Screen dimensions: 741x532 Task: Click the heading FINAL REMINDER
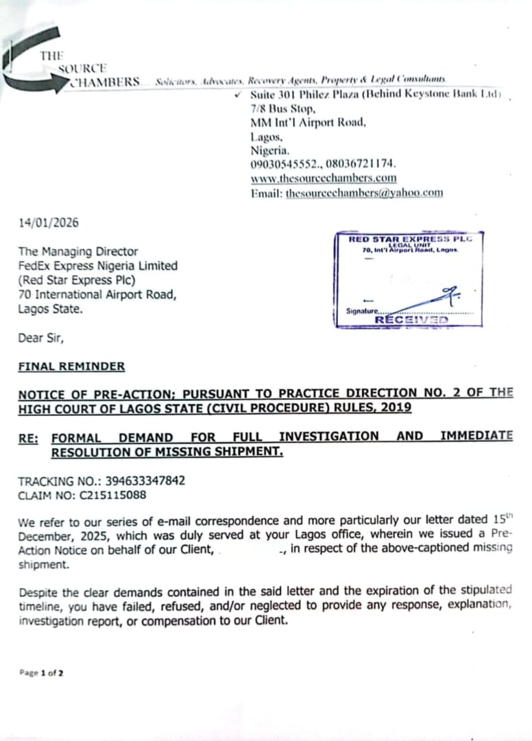click(71, 366)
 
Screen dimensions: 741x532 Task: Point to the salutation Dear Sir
click(40, 338)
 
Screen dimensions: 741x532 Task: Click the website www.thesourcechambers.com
click(324, 178)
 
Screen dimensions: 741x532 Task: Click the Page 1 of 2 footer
click(41, 673)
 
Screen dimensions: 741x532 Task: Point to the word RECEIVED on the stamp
click(411, 320)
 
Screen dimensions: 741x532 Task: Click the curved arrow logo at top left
click(31, 65)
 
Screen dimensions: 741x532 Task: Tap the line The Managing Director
click(77, 252)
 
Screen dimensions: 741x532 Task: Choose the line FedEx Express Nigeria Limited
click(97, 266)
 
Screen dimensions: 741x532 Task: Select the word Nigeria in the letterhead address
click(269, 150)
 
